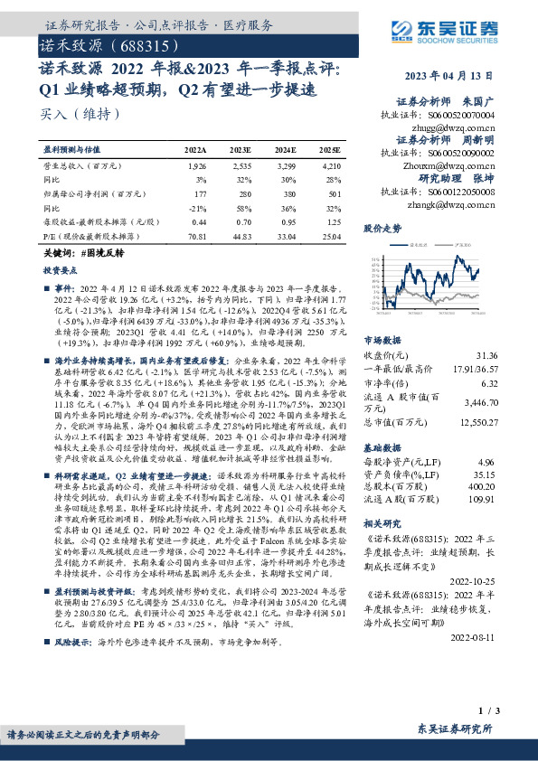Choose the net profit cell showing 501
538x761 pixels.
tap(333, 193)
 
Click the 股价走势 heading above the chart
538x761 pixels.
tap(382, 230)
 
